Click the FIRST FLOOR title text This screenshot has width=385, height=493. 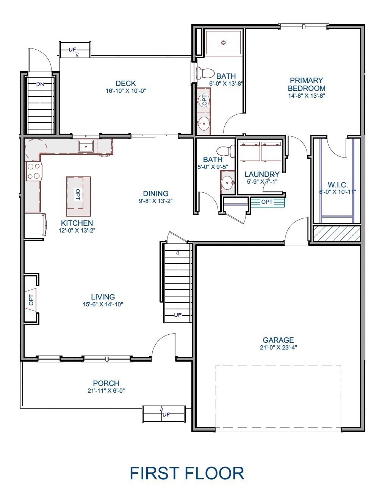[187, 473]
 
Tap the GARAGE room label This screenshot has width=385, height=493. [278, 340]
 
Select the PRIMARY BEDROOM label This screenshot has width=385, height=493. [306, 84]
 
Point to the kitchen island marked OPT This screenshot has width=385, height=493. [78, 193]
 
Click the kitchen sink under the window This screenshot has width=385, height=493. [86, 146]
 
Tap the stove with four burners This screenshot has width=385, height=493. [33, 171]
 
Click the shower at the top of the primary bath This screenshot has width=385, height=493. [224, 43]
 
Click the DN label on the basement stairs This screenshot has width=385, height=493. [40, 84]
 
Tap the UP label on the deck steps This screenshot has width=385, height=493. [72, 50]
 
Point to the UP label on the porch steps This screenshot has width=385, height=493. [166, 415]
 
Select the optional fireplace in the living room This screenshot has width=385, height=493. [31, 300]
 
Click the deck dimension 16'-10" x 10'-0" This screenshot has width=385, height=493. [126, 91]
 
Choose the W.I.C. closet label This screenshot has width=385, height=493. [337, 185]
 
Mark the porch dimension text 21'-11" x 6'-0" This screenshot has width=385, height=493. [106, 391]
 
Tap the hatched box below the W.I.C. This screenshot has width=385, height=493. [336, 233]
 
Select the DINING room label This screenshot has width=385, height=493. [155, 193]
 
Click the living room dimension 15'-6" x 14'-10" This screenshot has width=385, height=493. [103, 304]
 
